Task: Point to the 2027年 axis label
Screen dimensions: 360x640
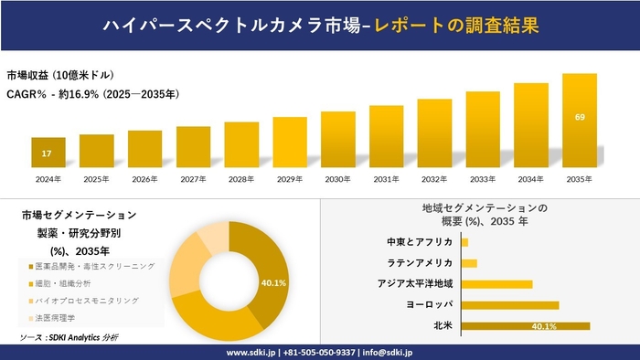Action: click(193, 179)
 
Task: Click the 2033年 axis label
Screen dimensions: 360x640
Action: click(483, 179)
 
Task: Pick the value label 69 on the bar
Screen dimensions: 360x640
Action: click(580, 117)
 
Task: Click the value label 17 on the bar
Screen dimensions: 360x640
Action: click(47, 153)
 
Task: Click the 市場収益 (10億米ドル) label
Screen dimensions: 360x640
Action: click(60, 75)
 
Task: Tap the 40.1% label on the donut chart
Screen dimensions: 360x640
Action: click(273, 282)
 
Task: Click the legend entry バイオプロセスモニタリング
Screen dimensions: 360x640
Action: click(87, 300)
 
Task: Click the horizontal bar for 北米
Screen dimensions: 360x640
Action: click(526, 325)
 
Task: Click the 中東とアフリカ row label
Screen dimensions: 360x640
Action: click(420, 242)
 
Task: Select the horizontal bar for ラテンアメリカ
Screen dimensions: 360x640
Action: click(469, 263)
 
